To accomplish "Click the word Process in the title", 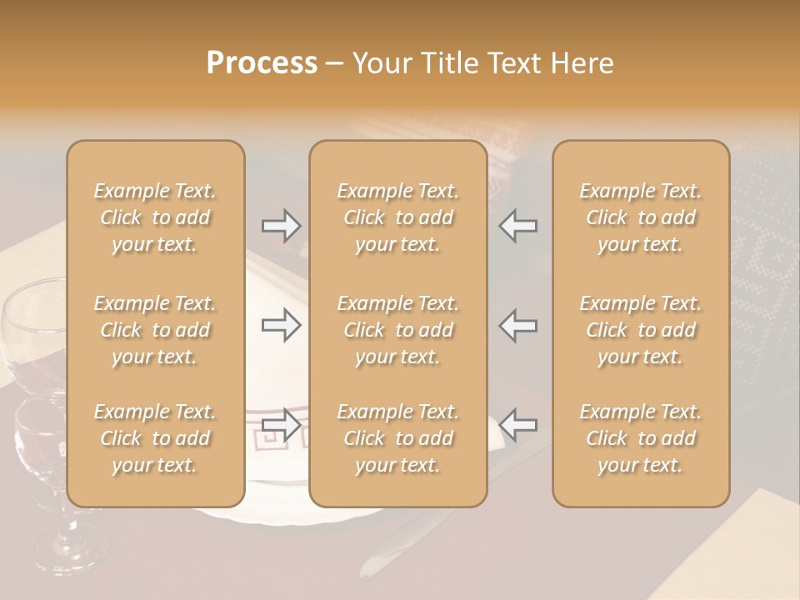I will pyautogui.click(x=262, y=63).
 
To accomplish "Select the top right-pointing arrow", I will pyautogui.click(x=281, y=226).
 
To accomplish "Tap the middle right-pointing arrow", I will pyautogui.click(x=281, y=325).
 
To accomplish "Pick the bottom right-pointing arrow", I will pyautogui.click(x=281, y=425).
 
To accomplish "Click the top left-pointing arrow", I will pyautogui.click(x=518, y=226).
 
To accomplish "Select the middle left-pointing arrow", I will pyautogui.click(x=518, y=325).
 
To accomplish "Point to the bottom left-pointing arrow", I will pyautogui.click(x=518, y=425).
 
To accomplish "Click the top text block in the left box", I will pyautogui.click(x=155, y=217).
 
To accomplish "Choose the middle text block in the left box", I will pyautogui.click(x=155, y=330).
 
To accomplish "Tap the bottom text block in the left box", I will pyautogui.click(x=155, y=438).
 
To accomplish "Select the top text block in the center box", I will pyautogui.click(x=397, y=217).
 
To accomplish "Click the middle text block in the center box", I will pyautogui.click(x=397, y=330).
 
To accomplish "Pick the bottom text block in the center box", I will pyautogui.click(x=397, y=438).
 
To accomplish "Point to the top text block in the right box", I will pyautogui.click(x=640, y=217).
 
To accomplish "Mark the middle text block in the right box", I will pyautogui.click(x=640, y=330).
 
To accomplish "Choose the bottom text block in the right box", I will pyautogui.click(x=640, y=438).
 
